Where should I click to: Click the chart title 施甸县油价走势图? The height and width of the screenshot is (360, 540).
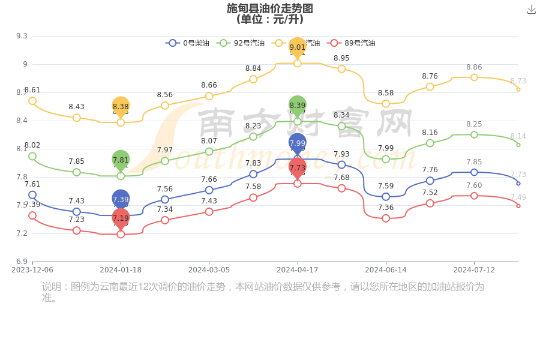pyautogui.click(x=270, y=8)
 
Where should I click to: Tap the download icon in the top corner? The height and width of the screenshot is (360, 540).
pyautogui.click(x=532, y=9)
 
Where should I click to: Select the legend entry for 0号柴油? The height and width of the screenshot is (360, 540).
pyautogui.click(x=187, y=43)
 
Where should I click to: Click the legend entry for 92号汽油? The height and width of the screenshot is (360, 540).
pyautogui.click(x=241, y=43)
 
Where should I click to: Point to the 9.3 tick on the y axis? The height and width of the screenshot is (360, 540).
pyautogui.click(x=22, y=36)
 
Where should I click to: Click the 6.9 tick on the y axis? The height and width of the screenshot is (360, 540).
pyautogui.click(x=22, y=262)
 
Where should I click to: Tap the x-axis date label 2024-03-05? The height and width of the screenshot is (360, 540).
pyautogui.click(x=209, y=270)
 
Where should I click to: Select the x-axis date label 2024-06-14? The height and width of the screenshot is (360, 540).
pyautogui.click(x=386, y=270)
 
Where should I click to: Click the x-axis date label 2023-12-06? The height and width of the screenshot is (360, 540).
pyautogui.click(x=32, y=270)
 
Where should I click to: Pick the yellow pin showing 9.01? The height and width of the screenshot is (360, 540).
pyautogui.click(x=298, y=47)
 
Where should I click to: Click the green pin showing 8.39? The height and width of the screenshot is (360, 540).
pyautogui.click(x=298, y=105)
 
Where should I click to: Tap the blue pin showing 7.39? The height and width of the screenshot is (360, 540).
pyautogui.click(x=121, y=199)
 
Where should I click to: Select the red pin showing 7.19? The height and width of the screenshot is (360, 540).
pyautogui.click(x=121, y=218)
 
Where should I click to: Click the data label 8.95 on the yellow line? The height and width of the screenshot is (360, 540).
pyautogui.click(x=341, y=58)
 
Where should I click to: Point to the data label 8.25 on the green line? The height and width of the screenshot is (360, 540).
pyautogui.click(x=474, y=124)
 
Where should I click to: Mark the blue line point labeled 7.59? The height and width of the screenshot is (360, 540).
pyautogui.click(x=386, y=197)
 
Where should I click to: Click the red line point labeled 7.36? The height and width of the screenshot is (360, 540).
pyautogui.click(x=386, y=218)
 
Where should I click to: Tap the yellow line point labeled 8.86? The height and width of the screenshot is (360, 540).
pyautogui.click(x=474, y=77)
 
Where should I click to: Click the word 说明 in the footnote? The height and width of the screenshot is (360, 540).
pyautogui.click(x=52, y=287)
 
